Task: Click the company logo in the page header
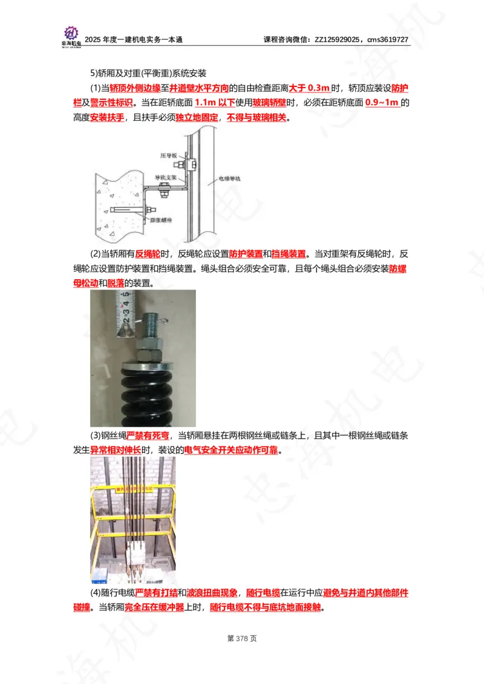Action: coord(71,36)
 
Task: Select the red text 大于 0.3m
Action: coord(309,88)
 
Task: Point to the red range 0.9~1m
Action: coord(382,103)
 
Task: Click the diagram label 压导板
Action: coord(168,155)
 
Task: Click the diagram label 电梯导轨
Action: coord(229,179)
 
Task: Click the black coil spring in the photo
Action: coord(143,393)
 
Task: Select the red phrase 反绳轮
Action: coord(147,254)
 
